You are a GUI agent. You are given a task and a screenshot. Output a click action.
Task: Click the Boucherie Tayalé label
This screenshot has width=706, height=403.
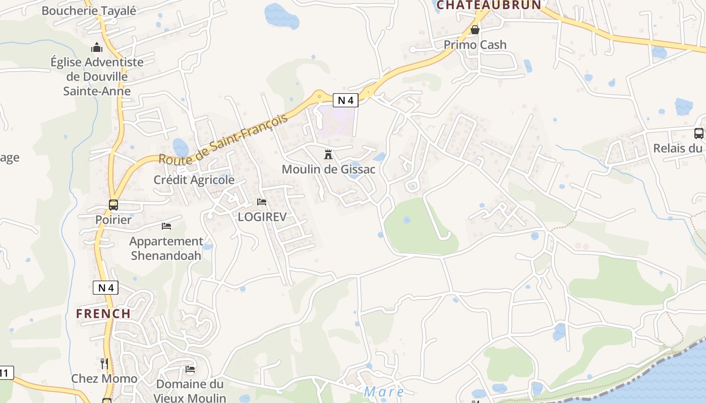[x=89, y=11]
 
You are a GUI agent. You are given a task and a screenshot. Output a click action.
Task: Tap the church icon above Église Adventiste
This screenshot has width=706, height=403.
[x=97, y=48]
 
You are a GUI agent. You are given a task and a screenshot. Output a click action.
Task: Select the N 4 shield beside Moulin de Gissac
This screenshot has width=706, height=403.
[x=345, y=100]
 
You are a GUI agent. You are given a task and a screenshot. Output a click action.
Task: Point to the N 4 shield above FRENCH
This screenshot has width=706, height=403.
[x=105, y=288]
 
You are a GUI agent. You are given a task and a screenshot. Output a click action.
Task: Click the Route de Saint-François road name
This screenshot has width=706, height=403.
[x=223, y=140]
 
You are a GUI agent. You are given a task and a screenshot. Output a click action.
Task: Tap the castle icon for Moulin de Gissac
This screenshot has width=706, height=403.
[x=328, y=154]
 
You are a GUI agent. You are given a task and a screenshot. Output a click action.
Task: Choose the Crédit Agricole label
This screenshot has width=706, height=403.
[x=194, y=180]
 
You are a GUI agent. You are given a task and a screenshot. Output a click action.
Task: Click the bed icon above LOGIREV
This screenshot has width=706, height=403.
[x=262, y=202]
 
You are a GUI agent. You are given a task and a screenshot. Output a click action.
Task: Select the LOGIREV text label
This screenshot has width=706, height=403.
[x=262, y=217]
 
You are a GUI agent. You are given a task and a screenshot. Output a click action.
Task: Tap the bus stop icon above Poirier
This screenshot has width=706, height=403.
[x=113, y=205]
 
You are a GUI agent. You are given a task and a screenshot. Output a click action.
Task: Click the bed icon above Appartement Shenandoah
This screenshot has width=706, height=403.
[x=166, y=226]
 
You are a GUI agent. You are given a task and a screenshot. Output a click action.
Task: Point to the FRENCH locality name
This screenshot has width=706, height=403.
[x=103, y=313]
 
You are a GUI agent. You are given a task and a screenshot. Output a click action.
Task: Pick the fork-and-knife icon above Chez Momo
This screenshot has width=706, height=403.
[x=104, y=363]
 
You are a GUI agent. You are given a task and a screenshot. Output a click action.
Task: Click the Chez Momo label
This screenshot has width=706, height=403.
[x=104, y=379]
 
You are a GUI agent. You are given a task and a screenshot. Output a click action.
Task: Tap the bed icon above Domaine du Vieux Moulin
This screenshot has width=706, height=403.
[x=190, y=370]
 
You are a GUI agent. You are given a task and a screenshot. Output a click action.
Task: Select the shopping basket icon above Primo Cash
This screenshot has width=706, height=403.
[x=475, y=30]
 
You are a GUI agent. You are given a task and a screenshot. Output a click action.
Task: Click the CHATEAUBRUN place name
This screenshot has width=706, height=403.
[x=489, y=5]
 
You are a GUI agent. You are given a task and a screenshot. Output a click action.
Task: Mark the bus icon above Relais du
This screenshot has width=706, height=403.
[x=698, y=133]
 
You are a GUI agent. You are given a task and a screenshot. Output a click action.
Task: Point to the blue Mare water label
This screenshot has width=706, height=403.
[x=384, y=391]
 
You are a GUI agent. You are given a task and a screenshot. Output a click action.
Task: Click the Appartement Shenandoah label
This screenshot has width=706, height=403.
[x=166, y=248]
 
